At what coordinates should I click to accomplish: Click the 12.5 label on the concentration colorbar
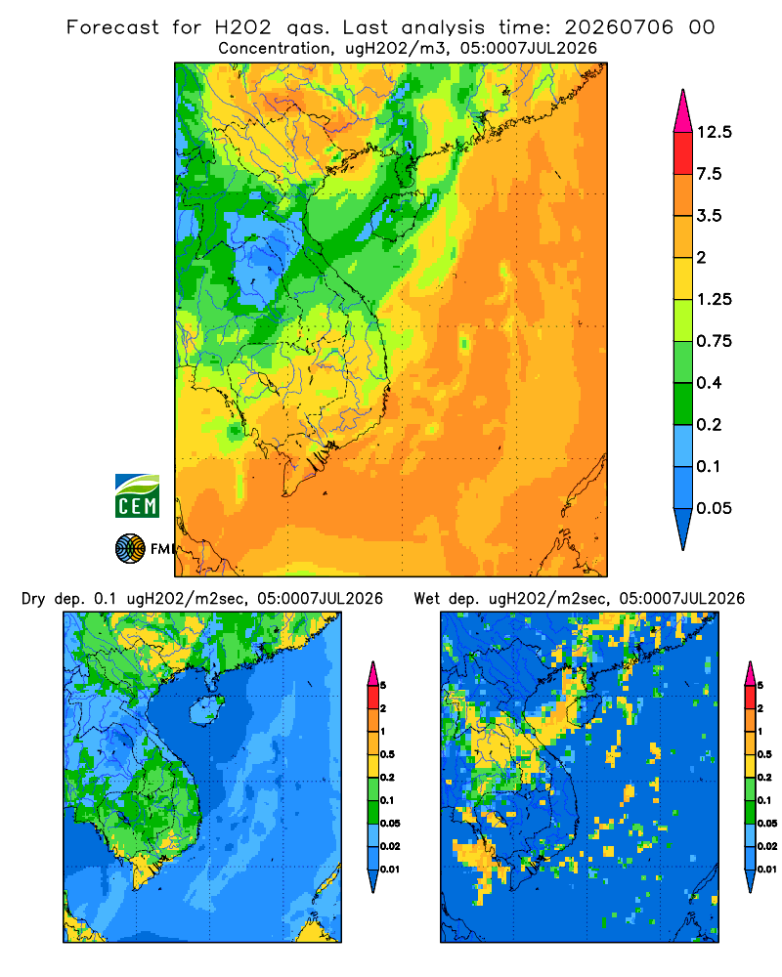(714, 132)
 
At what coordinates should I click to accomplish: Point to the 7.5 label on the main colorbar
(709, 174)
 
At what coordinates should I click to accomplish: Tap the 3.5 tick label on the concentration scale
(709, 216)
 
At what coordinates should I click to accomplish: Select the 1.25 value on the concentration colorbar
(714, 299)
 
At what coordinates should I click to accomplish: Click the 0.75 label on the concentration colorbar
(714, 341)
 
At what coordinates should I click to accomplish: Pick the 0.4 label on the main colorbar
(709, 383)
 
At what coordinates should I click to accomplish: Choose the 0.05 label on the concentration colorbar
(714, 508)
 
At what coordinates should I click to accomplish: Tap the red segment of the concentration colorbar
(683, 153)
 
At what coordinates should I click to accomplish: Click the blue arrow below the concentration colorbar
(683, 527)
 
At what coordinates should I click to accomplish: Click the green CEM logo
(137, 495)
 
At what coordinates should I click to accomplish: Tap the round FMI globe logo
(130, 549)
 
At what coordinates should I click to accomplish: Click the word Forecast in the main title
(112, 27)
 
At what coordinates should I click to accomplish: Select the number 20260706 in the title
(619, 27)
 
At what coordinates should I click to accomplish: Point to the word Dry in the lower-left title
(33, 599)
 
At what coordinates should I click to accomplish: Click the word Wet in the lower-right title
(426, 598)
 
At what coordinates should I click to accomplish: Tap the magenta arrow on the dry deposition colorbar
(372, 673)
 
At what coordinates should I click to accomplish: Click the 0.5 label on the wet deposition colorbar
(763, 754)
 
